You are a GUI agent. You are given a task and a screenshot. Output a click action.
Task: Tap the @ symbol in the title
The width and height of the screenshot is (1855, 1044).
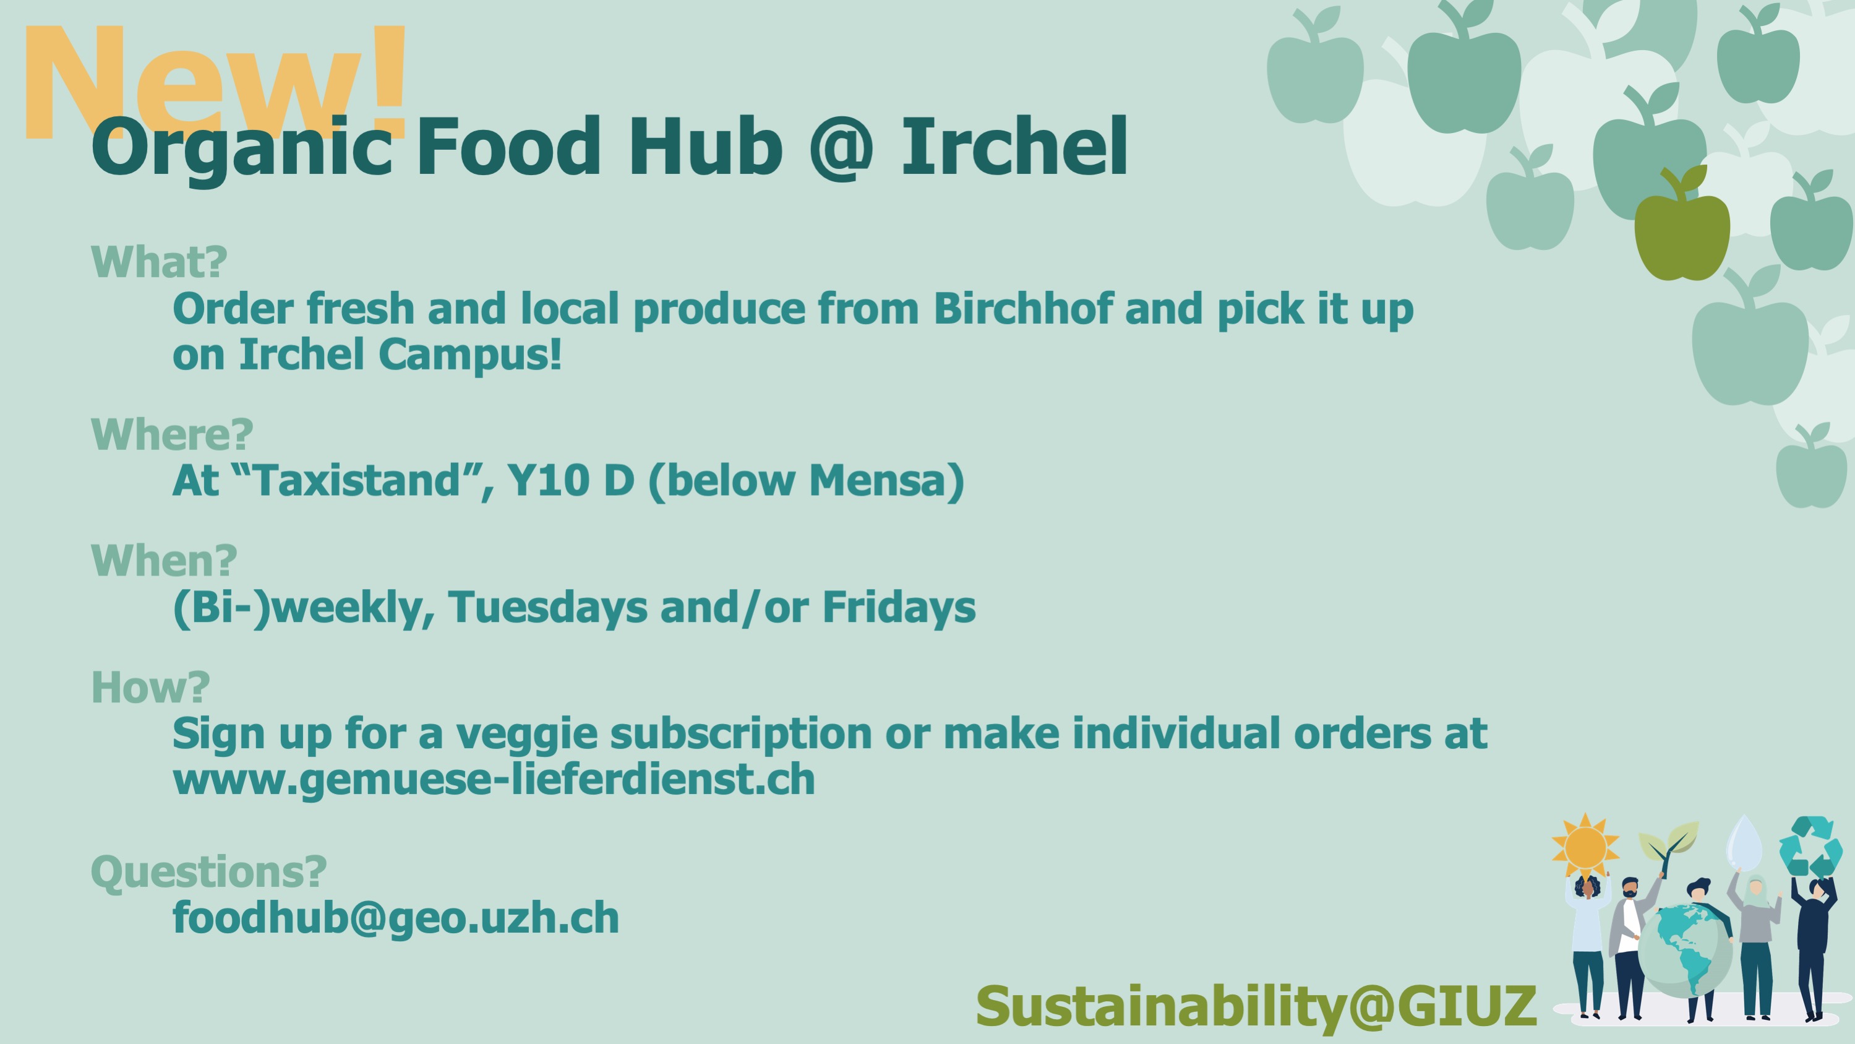pos(842,148)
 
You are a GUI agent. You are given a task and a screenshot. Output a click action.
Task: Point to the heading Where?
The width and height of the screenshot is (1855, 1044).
pos(172,434)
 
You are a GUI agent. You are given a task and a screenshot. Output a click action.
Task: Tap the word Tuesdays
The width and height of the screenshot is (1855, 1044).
pos(548,607)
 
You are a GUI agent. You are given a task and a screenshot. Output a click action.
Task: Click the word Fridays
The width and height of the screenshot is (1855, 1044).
pos(899,607)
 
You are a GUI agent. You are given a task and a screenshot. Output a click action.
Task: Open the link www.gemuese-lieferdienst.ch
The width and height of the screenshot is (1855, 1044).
pos(494,780)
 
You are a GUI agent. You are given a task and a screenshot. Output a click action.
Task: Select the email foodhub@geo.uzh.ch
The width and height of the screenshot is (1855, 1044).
pos(396,918)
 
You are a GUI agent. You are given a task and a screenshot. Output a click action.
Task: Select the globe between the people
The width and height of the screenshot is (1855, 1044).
pos(1685,951)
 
